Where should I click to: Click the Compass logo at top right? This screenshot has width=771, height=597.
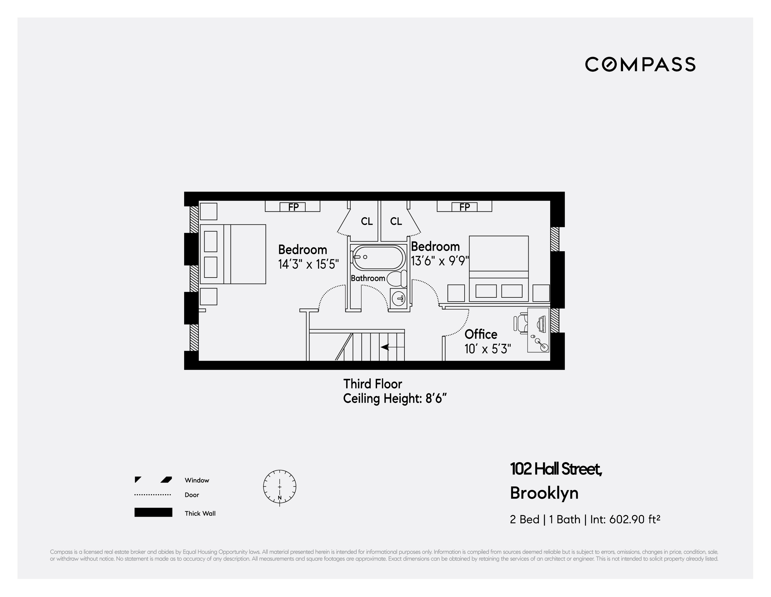(x=640, y=64)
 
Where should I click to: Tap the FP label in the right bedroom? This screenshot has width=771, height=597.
(x=464, y=207)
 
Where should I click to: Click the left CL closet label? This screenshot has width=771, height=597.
(x=366, y=222)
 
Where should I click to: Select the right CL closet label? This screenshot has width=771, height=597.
(x=396, y=222)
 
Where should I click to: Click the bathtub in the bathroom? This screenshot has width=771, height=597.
(x=378, y=257)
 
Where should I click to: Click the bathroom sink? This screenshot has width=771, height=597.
(x=399, y=299)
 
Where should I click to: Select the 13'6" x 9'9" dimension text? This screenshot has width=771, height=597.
(x=440, y=261)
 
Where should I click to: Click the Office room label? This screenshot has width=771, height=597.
(x=481, y=334)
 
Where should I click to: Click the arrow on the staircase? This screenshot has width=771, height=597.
(x=385, y=347)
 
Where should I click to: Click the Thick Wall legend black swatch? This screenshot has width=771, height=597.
(x=153, y=512)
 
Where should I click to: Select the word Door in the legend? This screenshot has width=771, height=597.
(x=192, y=495)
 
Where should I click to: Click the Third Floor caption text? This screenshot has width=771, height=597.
(x=372, y=384)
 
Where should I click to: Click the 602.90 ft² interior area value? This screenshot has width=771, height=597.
(x=634, y=519)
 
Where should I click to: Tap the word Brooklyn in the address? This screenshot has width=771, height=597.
(x=544, y=493)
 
